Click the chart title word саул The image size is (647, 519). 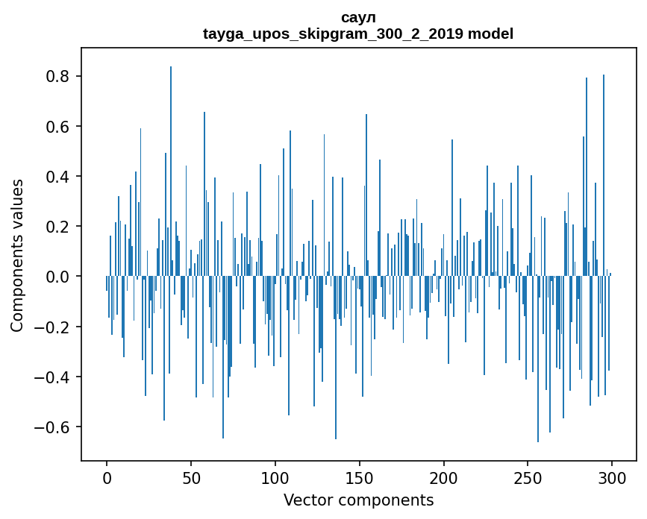(x=358, y=17)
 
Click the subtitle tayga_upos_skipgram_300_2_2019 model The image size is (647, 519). (x=358, y=34)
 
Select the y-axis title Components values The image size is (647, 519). (x=17, y=255)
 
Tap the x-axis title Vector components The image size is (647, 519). (x=358, y=500)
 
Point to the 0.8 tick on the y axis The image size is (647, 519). (x=58, y=77)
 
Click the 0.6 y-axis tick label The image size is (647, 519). (x=58, y=127)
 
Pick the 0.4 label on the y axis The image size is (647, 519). (x=58, y=177)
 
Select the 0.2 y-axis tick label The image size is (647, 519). (x=58, y=227)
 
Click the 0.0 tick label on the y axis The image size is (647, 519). (x=58, y=277)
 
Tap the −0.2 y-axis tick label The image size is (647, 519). (x=54, y=327)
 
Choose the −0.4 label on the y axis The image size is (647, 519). (x=54, y=377)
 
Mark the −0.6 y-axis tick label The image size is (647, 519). (x=54, y=427)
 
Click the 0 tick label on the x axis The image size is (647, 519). (x=107, y=476)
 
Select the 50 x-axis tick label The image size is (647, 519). (x=191, y=476)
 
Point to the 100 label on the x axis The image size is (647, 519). (x=275, y=476)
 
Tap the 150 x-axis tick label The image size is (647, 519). (x=359, y=476)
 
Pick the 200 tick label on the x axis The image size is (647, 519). (x=443, y=476)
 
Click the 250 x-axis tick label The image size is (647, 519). (x=528, y=476)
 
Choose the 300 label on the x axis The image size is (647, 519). (x=612, y=476)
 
